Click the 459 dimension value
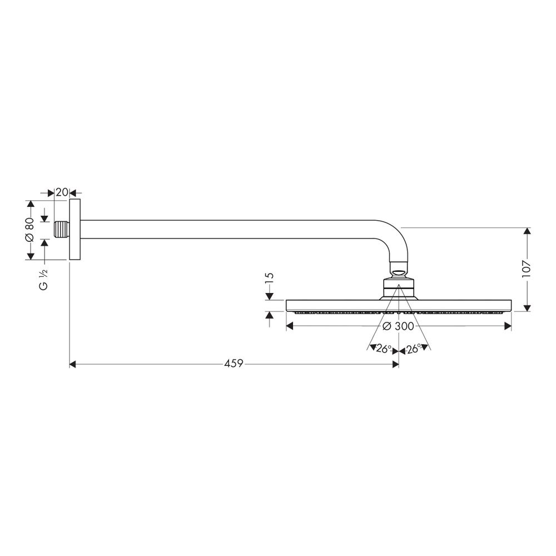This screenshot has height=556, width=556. tap(234, 364)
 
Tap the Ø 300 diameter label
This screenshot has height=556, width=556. tap(399, 326)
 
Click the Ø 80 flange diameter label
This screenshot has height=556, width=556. tap(29, 230)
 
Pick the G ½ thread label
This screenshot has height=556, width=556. tap(43, 280)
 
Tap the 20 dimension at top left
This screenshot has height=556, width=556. tap(62, 192)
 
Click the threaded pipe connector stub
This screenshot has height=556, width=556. tap(62, 230)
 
